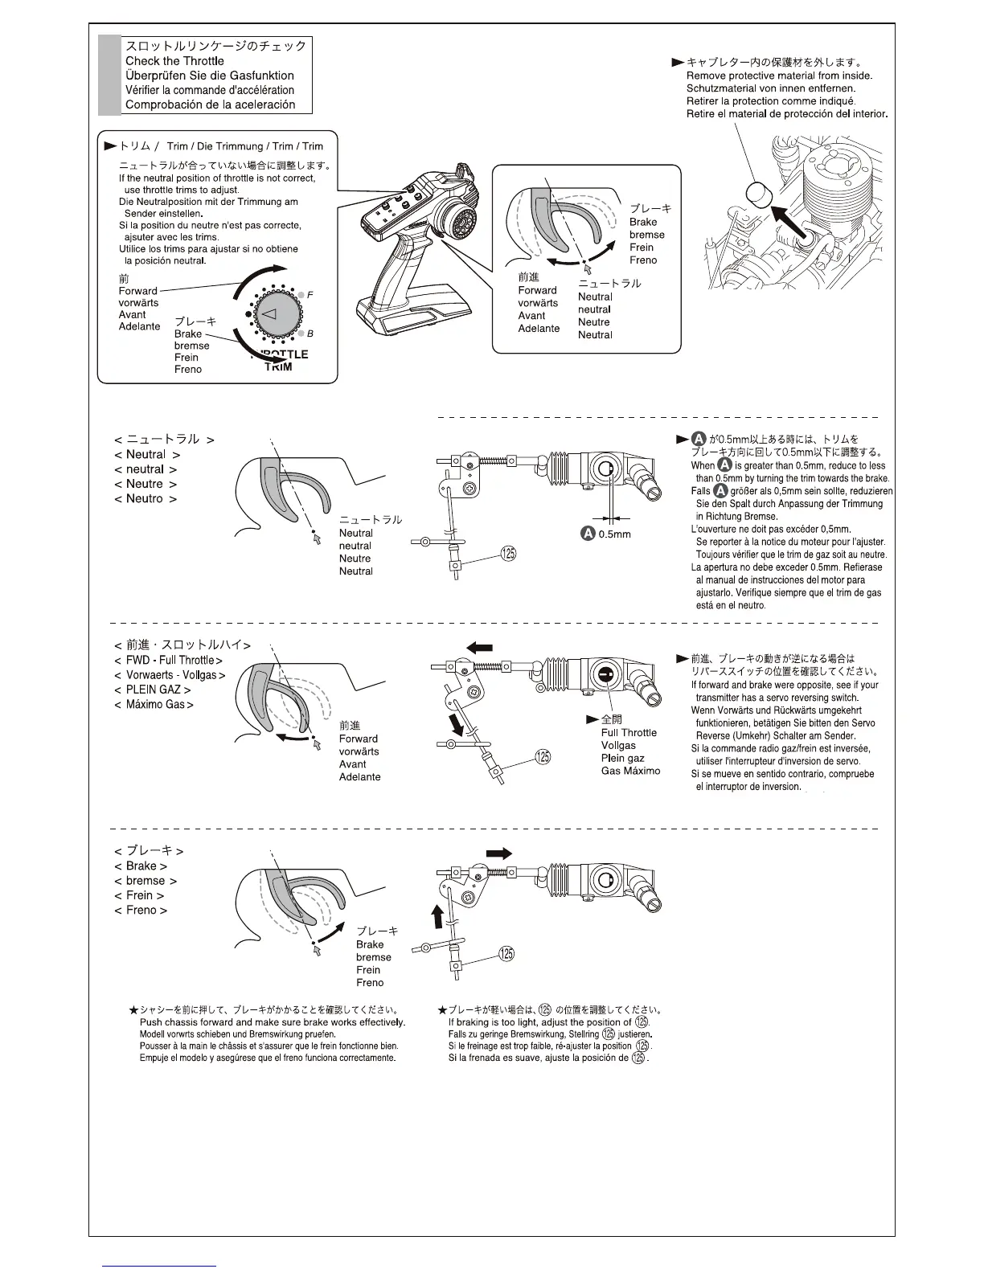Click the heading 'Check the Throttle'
pyautogui.click(x=174, y=61)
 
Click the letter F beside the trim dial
pyautogui.click(x=310, y=295)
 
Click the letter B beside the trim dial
pyautogui.click(x=310, y=333)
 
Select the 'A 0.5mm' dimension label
pyautogui.click(x=607, y=534)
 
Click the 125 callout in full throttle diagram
pyautogui.click(x=543, y=757)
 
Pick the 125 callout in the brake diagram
pyautogui.click(x=506, y=954)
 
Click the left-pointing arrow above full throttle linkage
pyautogui.click(x=479, y=647)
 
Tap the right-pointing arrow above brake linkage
pyautogui.click(x=498, y=853)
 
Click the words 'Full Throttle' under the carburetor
pyautogui.click(x=629, y=733)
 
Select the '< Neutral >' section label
pyautogui.click(x=147, y=455)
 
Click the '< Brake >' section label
pyautogui.click(x=141, y=866)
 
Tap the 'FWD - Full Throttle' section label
pyautogui.click(x=168, y=661)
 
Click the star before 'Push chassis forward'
pyautogui.click(x=133, y=1010)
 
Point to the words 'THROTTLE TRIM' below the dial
pyautogui.click(x=281, y=360)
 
